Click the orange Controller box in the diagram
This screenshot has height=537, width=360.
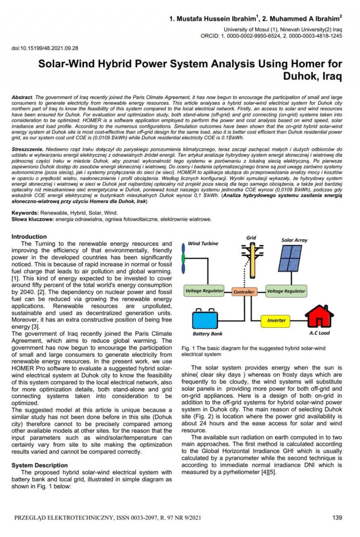[x=244, y=292]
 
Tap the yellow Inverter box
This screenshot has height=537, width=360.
[x=276, y=320]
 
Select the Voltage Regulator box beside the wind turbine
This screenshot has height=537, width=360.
[x=204, y=291]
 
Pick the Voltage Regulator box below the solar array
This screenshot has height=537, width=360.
[x=286, y=291]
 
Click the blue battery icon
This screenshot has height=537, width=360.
[x=205, y=319]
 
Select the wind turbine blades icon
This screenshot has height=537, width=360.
[x=183, y=258]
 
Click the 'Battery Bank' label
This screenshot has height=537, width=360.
[x=207, y=334]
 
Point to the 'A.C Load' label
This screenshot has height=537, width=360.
[x=319, y=333]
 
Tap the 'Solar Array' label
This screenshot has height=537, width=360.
[x=294, y=240]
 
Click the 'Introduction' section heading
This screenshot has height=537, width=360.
[x=29, y=237]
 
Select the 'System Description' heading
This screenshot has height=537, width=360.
[x=39, y=465]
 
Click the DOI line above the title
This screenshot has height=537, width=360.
[x=45, y=48]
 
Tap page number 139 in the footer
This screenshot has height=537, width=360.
[x=337, y=517]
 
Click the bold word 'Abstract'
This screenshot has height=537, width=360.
[x=22, y=97]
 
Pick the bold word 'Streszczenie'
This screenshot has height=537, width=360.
[x=27, y=149]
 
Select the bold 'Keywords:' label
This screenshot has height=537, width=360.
[x=25, y=213]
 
